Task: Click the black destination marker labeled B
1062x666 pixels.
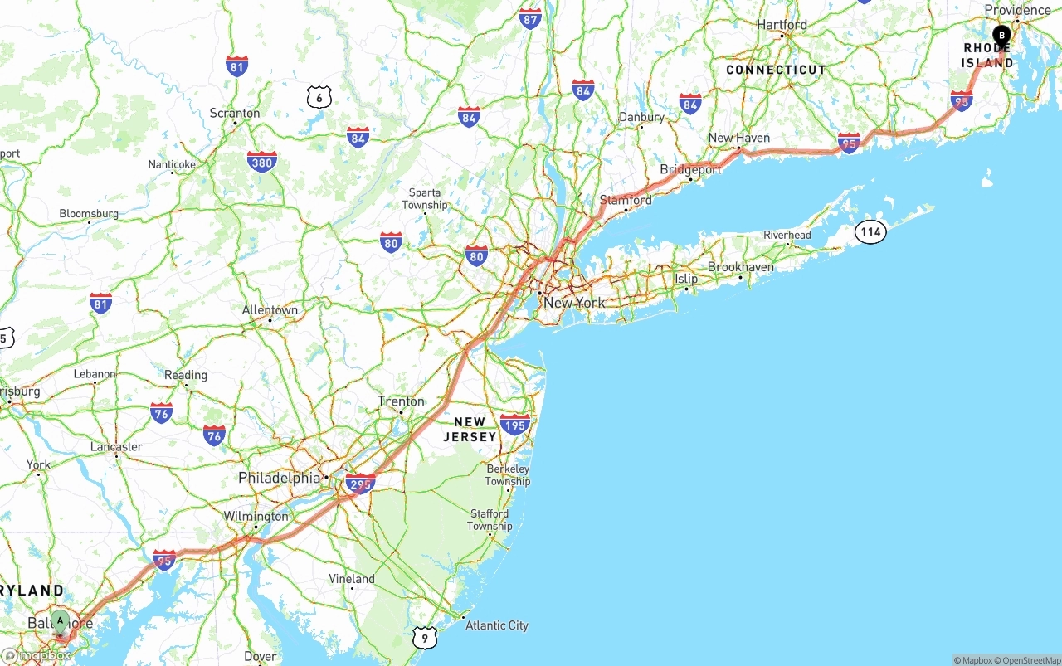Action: [1001, 36]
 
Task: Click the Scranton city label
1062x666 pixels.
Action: [235, 113]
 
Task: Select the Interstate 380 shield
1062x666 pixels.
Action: [261, 163]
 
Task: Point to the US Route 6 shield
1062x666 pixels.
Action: [319, 98]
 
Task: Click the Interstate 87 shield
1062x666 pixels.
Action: [530, 18]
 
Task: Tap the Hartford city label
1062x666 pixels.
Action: [782, 25]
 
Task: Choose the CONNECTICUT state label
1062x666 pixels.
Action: [776, 70]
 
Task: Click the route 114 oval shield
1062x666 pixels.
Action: [870, 231]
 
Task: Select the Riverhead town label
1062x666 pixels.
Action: [787, 235]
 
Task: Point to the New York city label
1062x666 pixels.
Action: [574, 303]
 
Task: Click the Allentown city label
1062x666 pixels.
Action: [270, 310]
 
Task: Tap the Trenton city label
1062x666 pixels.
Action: [401, 401]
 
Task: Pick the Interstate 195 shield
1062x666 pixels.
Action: [514, 425]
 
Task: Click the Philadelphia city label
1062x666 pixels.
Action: [279, 478]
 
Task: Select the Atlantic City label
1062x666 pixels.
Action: [496, 625]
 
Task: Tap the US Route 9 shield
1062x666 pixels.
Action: [424, 637]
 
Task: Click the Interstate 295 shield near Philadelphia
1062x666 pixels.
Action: [360, 484]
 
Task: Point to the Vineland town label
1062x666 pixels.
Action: [352, 578]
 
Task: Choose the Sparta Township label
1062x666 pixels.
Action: [425, 199]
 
